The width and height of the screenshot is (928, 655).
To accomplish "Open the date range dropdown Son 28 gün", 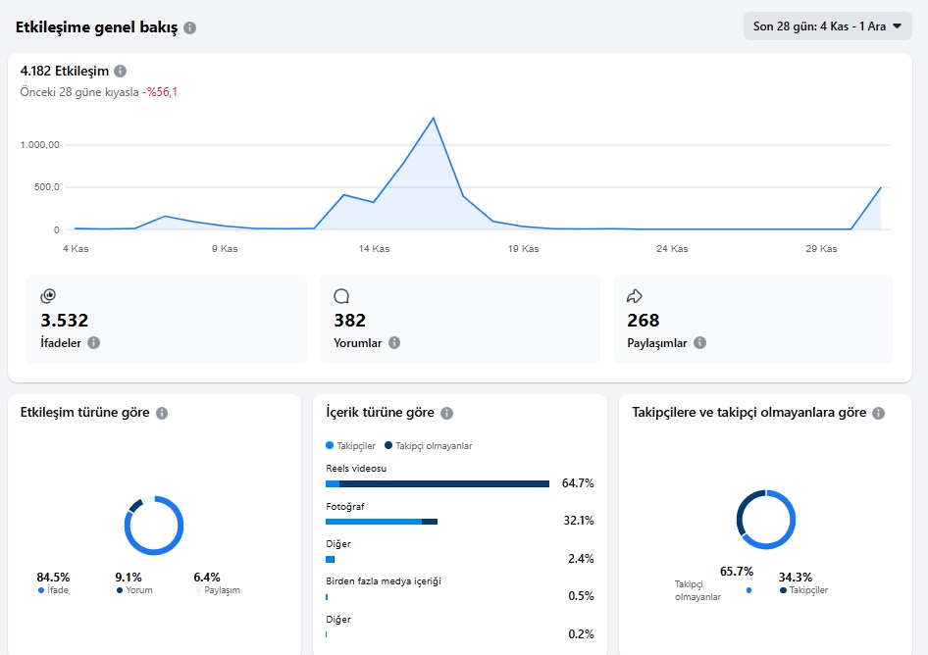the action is click(x=827, y=26).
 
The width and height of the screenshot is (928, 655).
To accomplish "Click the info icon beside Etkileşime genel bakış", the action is click(x=190, y=27).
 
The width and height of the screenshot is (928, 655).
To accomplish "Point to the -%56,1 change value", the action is click(x=160, y=92).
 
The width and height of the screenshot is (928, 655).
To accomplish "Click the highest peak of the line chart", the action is click(x=434, y=118).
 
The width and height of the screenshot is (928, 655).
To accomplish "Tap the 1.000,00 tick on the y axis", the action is click(x=39, y=145).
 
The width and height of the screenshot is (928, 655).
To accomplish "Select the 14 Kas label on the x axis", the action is click(x=374, y=249).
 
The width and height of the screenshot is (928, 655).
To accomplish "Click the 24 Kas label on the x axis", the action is click(x=672, y=249).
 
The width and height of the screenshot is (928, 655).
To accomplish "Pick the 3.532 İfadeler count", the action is click(x=65, y=320).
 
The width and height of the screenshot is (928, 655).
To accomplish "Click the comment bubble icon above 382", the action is click(x=341, y=296).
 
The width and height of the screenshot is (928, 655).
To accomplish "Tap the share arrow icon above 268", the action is click(x=635, y=296).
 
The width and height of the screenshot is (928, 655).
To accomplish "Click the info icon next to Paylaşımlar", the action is click(x=700, y=342).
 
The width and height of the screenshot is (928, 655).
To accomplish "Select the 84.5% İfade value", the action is click(x=53, y=577).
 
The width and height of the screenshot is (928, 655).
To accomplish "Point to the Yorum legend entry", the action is click(x=135, y=590).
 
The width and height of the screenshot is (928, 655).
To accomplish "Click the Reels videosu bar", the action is click(x=438, y=484).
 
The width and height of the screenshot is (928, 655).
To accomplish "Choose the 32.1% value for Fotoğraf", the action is click(x=579, y=521).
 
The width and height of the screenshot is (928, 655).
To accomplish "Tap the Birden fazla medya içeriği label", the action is click(x=384, y=581).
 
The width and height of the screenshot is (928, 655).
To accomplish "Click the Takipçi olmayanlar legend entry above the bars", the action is click(x=429, y=445).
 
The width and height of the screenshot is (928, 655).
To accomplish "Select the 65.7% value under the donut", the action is click(x=737, y=572).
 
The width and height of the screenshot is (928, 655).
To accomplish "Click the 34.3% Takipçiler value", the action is click(x=796, y=577).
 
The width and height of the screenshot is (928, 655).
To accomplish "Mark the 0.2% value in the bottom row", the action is click(x=581, y=634).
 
